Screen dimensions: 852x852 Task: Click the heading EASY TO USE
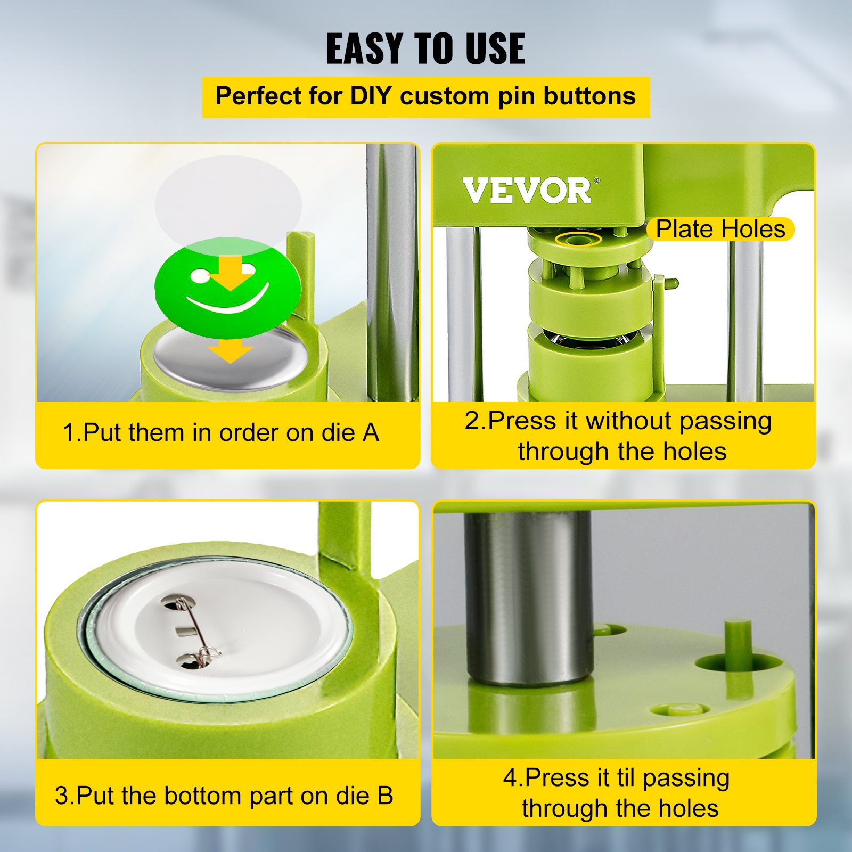click(x=425, y=48)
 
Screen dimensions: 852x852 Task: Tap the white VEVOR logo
click(x=527, y=191)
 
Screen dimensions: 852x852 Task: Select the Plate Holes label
click(x=720, y=229)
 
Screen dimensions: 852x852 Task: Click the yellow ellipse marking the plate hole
click(x=578, y=239)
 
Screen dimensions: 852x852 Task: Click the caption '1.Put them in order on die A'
click(x=220, y=432)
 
